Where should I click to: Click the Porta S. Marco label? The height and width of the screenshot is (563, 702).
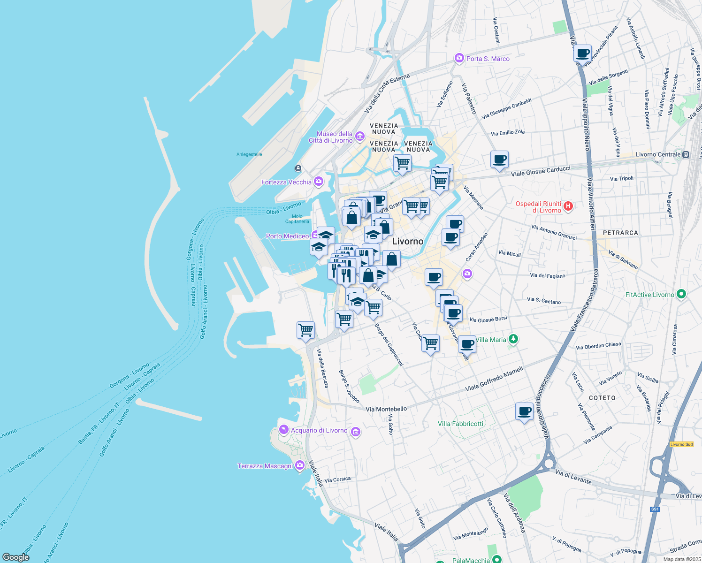pos(488,59)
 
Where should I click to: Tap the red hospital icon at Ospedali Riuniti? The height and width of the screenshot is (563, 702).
pos(568,206)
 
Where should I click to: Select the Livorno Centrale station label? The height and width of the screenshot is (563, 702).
pos(658,154)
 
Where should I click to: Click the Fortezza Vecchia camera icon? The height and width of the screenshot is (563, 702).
pos(319,182)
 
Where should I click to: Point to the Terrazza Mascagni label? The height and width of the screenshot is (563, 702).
pos(265,466)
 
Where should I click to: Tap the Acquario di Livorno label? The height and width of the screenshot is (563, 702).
pos(319,430)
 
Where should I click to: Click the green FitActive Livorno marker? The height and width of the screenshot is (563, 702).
pos(681,294)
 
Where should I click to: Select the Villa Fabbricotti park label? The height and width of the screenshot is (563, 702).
pos(460,424)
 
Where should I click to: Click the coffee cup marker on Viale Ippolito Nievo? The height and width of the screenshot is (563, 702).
pos(582,53)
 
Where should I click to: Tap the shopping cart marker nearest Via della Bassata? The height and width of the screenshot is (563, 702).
pos(305,330)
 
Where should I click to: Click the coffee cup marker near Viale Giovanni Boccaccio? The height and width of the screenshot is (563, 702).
pos(524,412)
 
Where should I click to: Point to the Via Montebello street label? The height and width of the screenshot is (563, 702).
pos(386,409)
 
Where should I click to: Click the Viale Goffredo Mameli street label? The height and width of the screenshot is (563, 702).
pos(494,380)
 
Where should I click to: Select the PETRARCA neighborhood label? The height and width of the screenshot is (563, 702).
pos(620,233)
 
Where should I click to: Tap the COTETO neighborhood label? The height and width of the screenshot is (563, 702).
pos(602,398)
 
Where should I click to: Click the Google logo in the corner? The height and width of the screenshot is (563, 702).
pos(16,557)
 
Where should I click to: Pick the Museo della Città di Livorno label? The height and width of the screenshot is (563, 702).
pos(331,137)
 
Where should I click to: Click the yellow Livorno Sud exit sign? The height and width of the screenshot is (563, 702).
pos(681,444)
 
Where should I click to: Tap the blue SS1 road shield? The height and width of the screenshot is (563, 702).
pos(655,509)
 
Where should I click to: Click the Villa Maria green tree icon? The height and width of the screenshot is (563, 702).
pos(513,339)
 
